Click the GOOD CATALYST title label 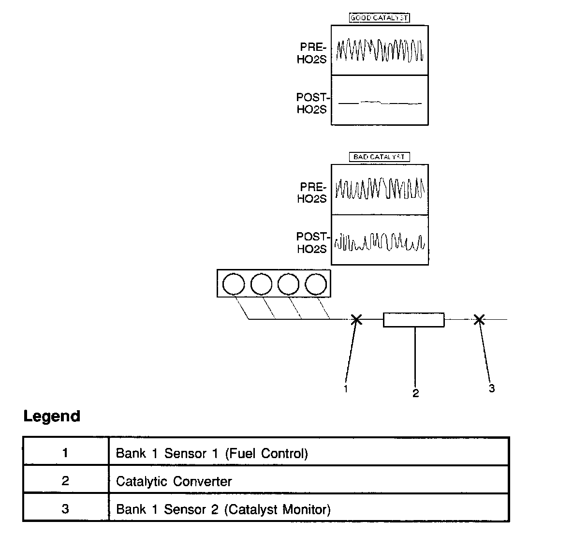click(379, 18)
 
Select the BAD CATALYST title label click(379, 157)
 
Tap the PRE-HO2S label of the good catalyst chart click(312, 53)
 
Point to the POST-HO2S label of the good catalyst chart click(312, 104)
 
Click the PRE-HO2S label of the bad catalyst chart click(312, 193)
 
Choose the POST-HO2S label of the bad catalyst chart click(312, 243)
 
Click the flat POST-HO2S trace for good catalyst click(380, 103)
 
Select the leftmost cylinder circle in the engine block click(234, 284)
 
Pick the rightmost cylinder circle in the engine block click(316, 284)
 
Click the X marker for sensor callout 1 click(356, 319)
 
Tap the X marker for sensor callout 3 click(479, 319)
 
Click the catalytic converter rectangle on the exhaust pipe click(413, 320)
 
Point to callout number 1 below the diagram click(345, 388)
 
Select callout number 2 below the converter click(415, 393)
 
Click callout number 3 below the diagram click(492, 388)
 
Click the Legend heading click(52, 416)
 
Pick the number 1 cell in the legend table click(65, 453)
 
